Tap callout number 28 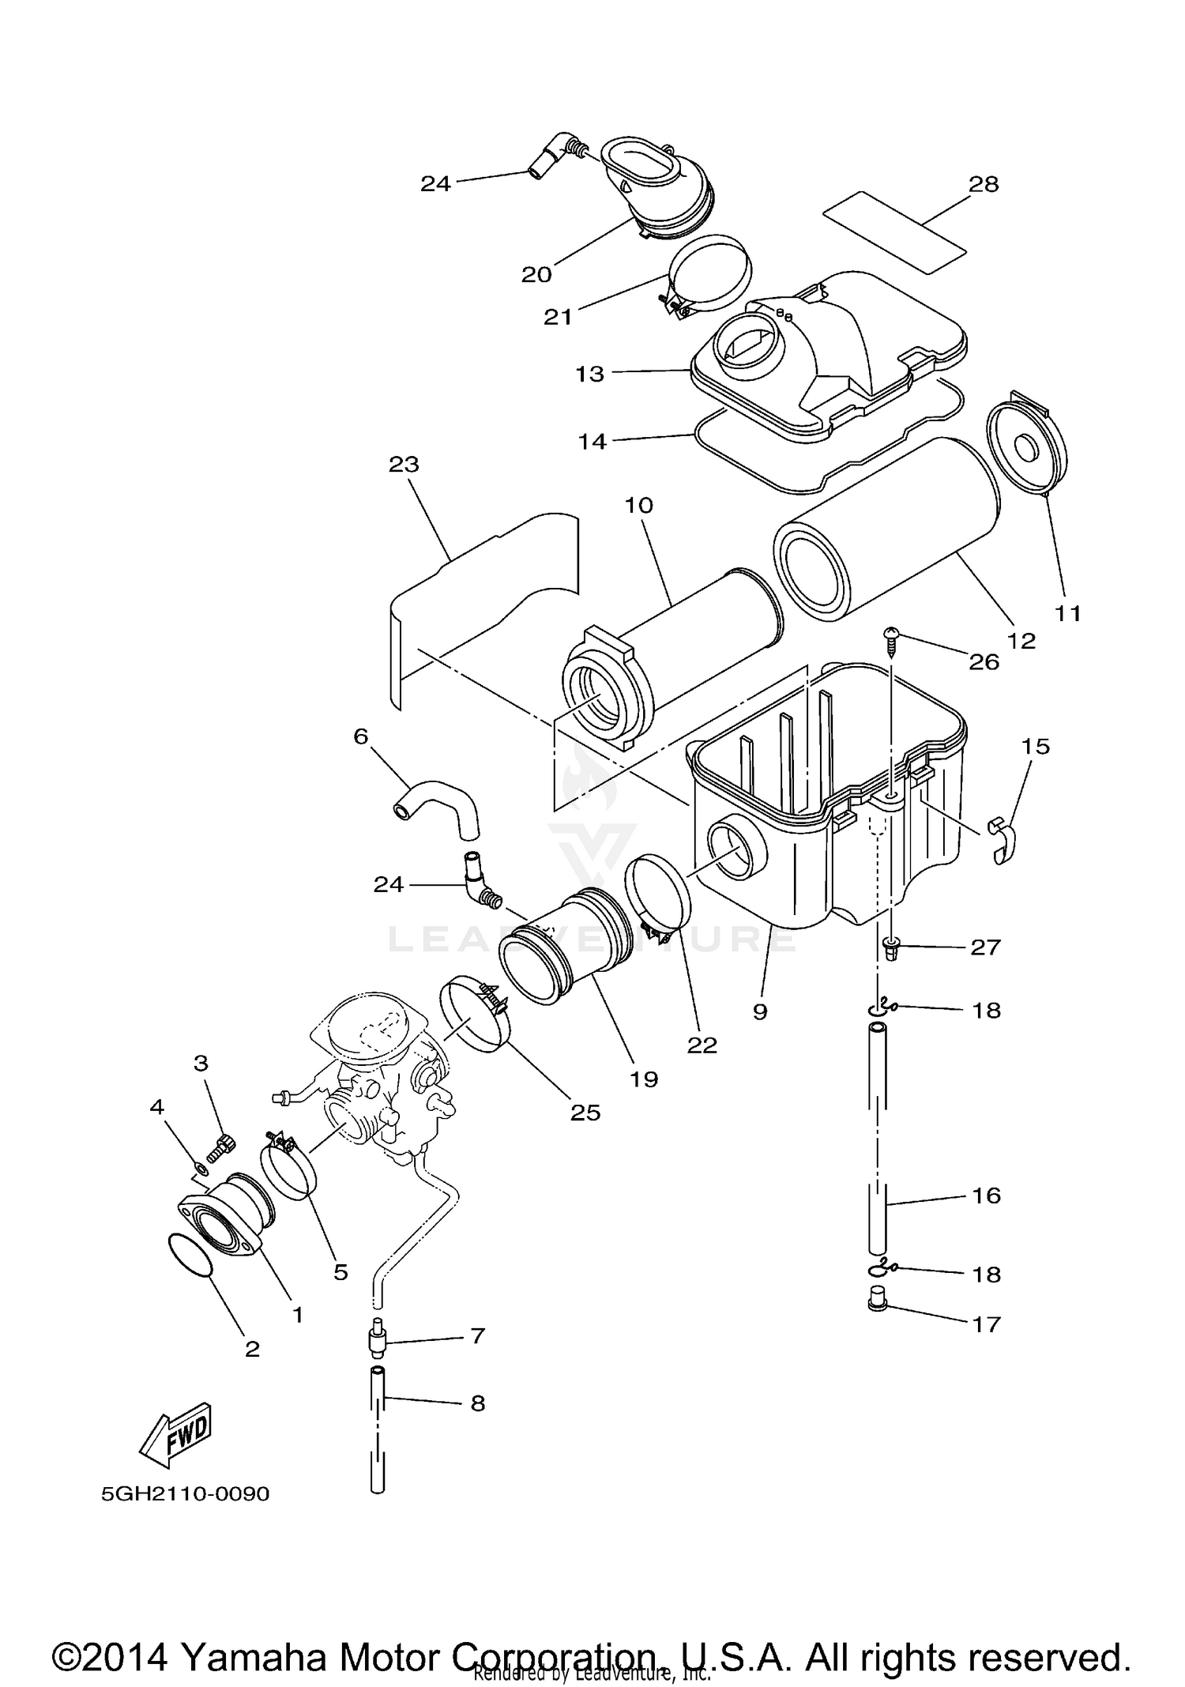coord(984,184)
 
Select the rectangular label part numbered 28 coord(894,232)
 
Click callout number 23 coord(404,465)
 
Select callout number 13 coord(589,374)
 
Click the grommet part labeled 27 coord(891,947)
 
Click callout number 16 coord(986,1196)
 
